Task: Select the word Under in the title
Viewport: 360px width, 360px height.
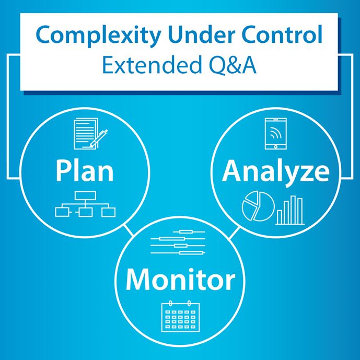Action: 198,35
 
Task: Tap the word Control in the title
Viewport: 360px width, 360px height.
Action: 285,35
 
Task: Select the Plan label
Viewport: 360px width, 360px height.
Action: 85,171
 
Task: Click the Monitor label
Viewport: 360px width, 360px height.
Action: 180,280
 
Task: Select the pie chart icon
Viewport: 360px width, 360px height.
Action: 257,206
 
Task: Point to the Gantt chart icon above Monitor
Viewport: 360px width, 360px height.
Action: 180,243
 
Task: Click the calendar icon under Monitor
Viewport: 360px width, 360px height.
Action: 180,316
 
